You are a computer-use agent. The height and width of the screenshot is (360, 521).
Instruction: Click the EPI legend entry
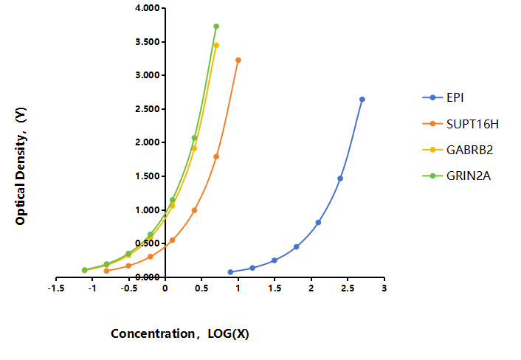point(443,97)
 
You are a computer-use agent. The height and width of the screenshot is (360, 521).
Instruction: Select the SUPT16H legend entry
point(460,124)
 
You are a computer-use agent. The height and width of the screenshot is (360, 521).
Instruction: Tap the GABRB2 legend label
point(470,150)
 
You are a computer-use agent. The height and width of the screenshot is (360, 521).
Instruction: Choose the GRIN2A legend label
point(469,176)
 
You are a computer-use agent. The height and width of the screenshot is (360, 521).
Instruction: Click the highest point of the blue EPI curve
point(362,100)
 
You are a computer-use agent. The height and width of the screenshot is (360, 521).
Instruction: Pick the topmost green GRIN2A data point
point(216,27)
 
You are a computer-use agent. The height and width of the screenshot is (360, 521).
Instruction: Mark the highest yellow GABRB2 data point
point(216,45)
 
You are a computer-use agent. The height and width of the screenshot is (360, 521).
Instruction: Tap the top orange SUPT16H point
point(238,60)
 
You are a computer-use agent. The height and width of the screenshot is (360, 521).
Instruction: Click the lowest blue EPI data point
point(230,272)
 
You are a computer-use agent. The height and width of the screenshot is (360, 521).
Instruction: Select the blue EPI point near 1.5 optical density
point(340,179)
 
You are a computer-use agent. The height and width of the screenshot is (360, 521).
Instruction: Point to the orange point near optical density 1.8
point(216,156)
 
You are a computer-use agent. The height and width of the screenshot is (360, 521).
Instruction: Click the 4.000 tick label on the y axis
point(148,8)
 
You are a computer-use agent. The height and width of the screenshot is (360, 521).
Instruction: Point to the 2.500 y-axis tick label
point(148,109)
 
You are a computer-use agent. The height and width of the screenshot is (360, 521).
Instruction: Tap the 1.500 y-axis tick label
point(148,176)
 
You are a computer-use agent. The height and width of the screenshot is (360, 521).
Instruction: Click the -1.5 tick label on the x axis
point(56,288)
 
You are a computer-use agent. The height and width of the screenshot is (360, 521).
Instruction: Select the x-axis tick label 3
point(384,288)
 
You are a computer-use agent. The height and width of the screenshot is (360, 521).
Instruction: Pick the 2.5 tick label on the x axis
point(348,288)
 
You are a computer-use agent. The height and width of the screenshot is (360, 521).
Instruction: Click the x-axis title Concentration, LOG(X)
point(180,333)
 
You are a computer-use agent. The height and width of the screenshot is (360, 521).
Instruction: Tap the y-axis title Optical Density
point(21,166)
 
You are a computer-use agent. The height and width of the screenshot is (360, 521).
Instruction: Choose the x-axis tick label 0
point(165,288)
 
